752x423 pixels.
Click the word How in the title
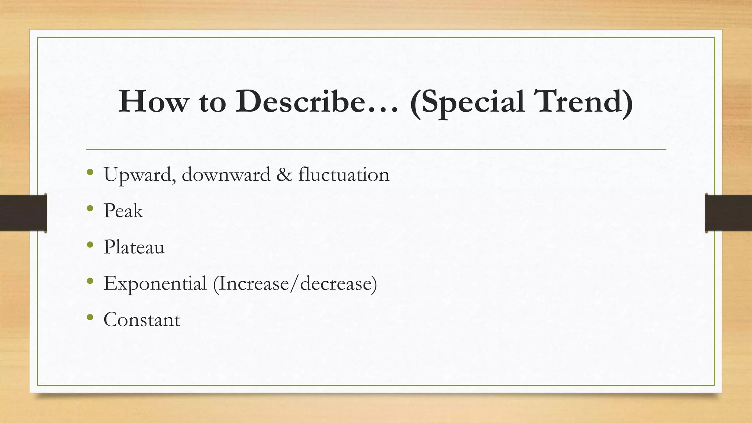[152, 101]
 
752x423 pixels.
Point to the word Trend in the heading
[580, 101]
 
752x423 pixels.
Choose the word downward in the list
[226, 174]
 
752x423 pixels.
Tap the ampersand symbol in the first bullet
[284, 174]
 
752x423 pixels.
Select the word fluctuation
[344, 174]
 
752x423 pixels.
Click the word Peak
[123, 211]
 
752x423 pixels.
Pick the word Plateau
[134, 247]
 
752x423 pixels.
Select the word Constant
[142, 319]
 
